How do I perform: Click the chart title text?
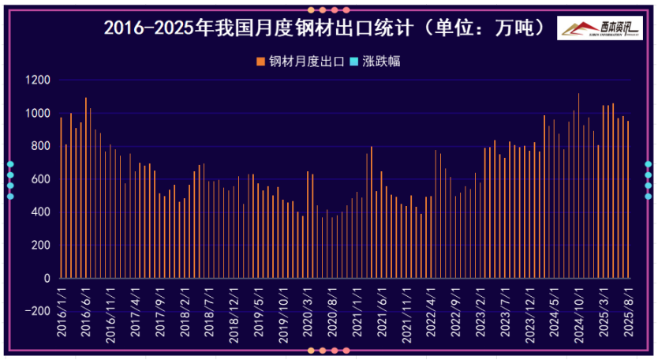(x=324, y=28)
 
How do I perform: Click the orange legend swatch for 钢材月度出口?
(x=261, y=61)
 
